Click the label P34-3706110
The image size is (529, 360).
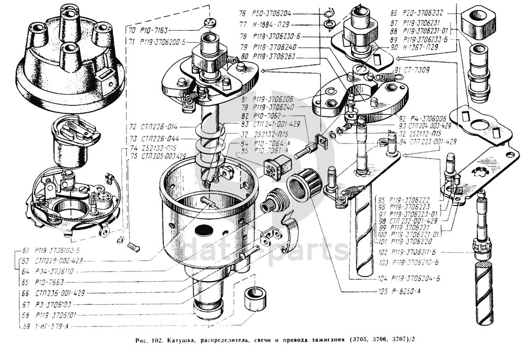[54, 271]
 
